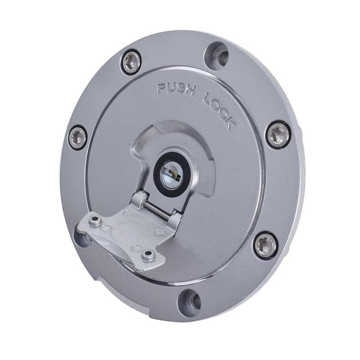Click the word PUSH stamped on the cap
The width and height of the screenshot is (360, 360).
coord(175,89)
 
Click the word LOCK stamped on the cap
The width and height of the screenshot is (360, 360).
coord(219,110)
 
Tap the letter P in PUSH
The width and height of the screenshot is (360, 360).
coord(162,89)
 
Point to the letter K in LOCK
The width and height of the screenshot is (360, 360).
coord(231,125)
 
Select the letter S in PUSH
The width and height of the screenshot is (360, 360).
coord(180,89)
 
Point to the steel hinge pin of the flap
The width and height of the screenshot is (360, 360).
coord(159,210)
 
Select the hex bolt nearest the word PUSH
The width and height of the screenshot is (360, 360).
coord(131,62)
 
